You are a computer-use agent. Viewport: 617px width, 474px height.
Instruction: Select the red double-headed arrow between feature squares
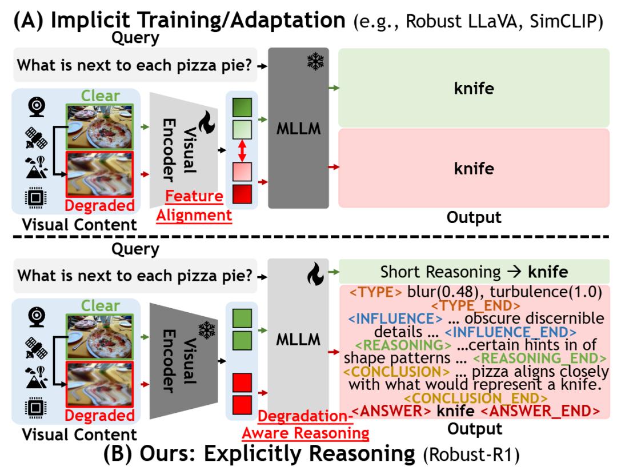(x=242, y=150)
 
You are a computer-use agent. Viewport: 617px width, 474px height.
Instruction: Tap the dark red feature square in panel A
(x=242, y=194)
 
